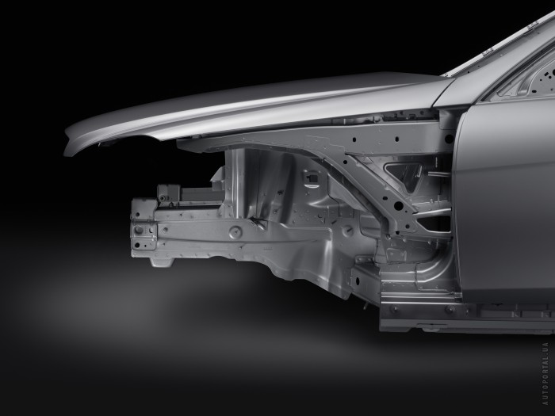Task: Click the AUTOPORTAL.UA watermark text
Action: pyautogui.click(x=545, y=373)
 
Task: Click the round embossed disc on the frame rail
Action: pyautogui.click(x=235, y=232)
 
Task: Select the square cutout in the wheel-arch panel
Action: pyautogui.click(x=311, y=177)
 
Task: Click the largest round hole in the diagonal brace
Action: pyautogui.click(x=398, y=204)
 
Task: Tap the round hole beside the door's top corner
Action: pyautogui.click(x=449, y=139)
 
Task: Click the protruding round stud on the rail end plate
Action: pyautogui.click(x=139, y=230)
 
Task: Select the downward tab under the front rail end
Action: pyautogui.click(x=162, y=262)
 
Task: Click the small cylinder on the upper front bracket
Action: pyautogui.click(x=163, y=198)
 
